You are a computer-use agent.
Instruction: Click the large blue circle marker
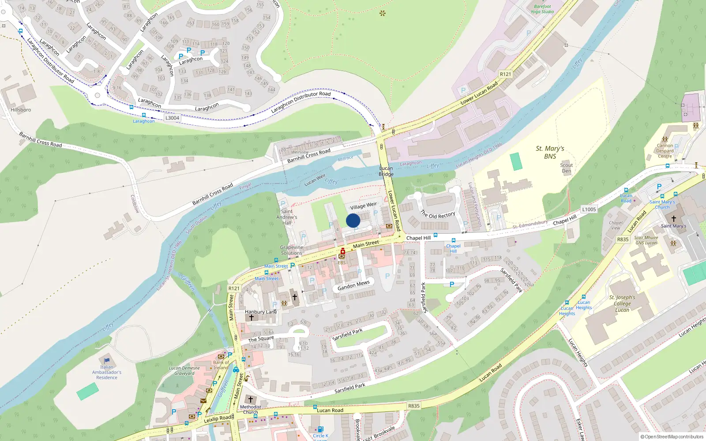pyautogui.click(x=353, y=220)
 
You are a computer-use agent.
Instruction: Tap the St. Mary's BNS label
pyautogui.click(x=550, y=152)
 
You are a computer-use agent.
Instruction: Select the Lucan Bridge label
pyautogui.click(x=386, y=171)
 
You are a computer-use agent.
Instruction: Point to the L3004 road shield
pyautogui.click(x=172, y=118)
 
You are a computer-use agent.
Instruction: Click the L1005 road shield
pyautogui.click(x=589, y=209)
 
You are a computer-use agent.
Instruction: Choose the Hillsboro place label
pyautogui.click(x=21, y=110)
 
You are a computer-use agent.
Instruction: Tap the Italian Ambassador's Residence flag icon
pyautogui.click(x=106, y=360)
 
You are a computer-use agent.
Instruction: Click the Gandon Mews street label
pyautogui.click(x=353, y=286)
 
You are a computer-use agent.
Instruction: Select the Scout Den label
pyautogui.click(x=566, y=168)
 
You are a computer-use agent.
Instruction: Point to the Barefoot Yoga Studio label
pyautogui.click(x=542, y=9)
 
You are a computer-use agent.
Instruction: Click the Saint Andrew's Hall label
pyautogui.click(x=287, y=217)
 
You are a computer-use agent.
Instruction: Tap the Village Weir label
pyautogui.click(x=364, y=206)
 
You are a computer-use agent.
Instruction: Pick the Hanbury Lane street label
pyautogui.click(x=261, y=312)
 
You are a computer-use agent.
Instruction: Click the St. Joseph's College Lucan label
pyautogui.click(x=622, y=303)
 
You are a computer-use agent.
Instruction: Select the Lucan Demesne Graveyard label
pyautogui.click(x=184, y=370)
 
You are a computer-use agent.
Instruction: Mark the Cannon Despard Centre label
pyautogui.click(x=665, y=151)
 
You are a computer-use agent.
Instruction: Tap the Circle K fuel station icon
pyautogui.click(x=321, y=429)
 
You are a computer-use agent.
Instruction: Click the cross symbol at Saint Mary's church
pyautogui.click(x=673, y=219)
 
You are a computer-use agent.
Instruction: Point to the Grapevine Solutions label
pyautogui.click(x=291, y=250)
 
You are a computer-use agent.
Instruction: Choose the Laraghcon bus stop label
pyautogui.click(x=144, y=121)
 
